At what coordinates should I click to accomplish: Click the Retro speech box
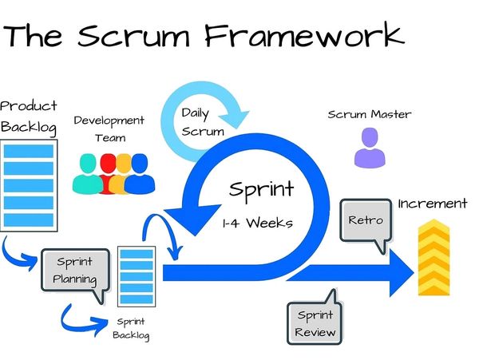(x=366, y=220)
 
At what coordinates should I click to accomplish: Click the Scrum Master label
(x=370, y=114)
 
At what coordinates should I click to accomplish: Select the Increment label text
(x=432, y=204)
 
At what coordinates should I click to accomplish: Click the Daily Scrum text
(x=196, y=121)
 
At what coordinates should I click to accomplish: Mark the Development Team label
(x=109, y=129)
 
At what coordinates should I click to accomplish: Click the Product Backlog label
(x=30, y=116)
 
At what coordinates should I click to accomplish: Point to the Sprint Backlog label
(x=130, y=328)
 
